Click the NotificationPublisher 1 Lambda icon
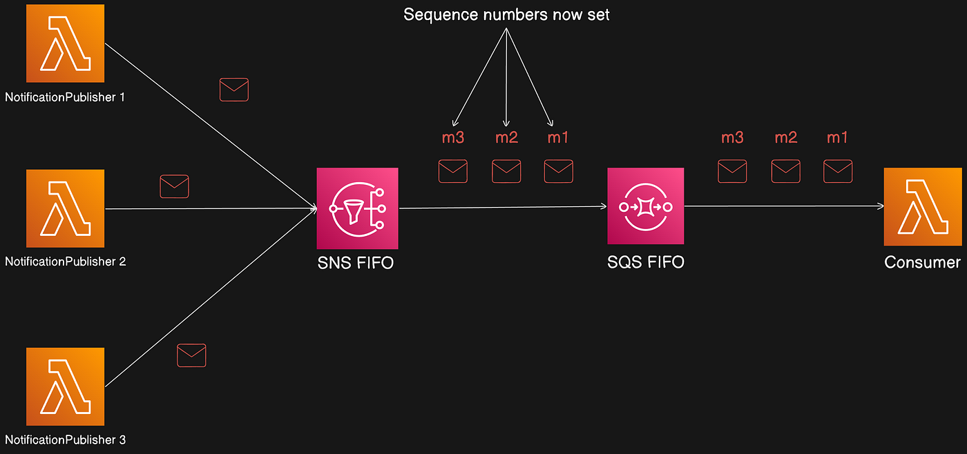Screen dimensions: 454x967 [x=65, y=43]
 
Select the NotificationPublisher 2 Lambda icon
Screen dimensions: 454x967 [x=65, y=208]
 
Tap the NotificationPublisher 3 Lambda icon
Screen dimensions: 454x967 [x=65, y=386]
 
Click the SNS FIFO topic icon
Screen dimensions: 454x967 [x=357, y=208]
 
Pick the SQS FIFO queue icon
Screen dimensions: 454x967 [x=645, y=206]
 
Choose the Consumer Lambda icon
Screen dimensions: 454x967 [x=922, y=206]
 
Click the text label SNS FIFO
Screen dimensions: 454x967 [x=355, y=262]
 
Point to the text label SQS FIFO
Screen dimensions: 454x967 [x=645, y=262]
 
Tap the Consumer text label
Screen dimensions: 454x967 [x=922, y=262]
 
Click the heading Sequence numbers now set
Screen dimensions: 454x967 [x=506, y=14]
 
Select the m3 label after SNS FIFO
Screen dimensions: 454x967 [x=453, y=137]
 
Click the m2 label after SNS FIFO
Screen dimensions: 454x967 [x=506, y=137]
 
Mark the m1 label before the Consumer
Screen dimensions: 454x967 [x=837, y=137]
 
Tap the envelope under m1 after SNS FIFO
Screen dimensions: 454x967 [x=558, y=171]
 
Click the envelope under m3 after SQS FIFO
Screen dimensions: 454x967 [x=732, y=171]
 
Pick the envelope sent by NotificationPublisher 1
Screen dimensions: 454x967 [x=233, y=90]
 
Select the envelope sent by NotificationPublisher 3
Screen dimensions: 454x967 [x=191, y=355]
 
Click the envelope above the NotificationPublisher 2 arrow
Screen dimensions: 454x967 [x=174, y=186]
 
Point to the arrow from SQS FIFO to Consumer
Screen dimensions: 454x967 [x=784, y=206]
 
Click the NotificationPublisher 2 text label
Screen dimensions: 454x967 [x=65, y=261]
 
